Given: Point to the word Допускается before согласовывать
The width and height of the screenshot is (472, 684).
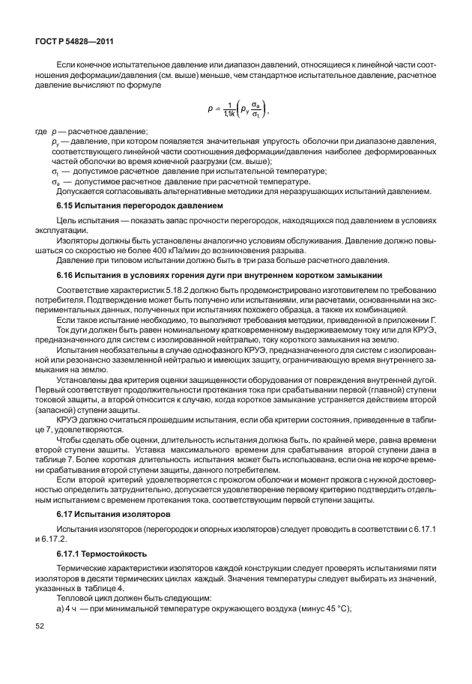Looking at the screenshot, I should click(79, 191).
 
